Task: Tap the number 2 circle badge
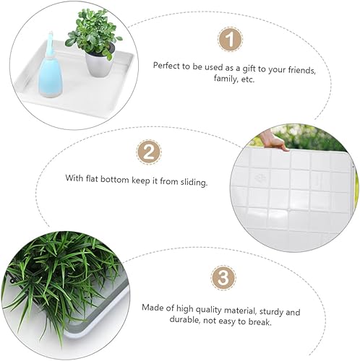pyautogui.click(x=148, y=153)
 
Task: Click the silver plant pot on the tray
pyautogui.click(x=100, y=63)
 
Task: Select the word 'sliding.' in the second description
pyautogui.click(x=192, y=183)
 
